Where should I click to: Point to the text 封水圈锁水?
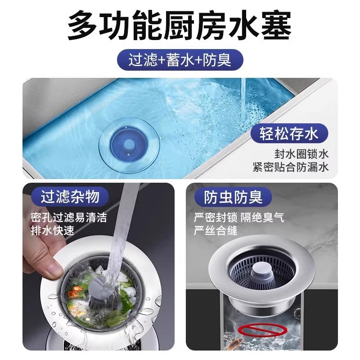click(x=301, y=153)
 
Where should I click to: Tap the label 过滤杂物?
click(x=70, y=197)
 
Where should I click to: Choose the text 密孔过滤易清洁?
click(x=69, y=218)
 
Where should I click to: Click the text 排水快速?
click(x=52, y=231)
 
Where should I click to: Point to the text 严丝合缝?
click(x=216, y=231)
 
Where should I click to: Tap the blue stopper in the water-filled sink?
click(x=127, y=144)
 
